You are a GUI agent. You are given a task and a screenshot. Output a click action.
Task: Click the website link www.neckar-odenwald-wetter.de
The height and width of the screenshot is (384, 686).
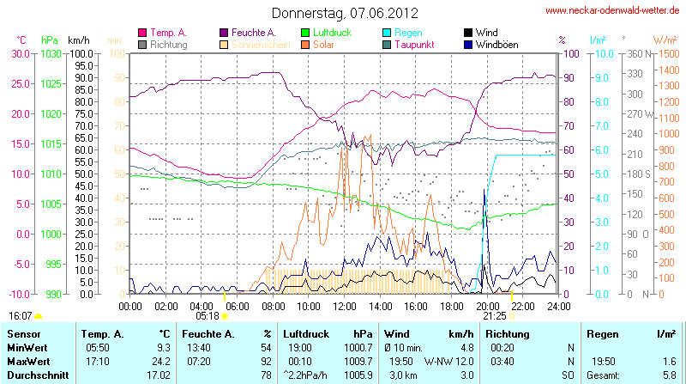point(614,11)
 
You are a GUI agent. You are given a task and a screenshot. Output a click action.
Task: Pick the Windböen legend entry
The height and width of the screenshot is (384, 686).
point(496,44)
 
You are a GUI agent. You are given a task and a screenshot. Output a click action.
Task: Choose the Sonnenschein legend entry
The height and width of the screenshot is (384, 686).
point(256,44)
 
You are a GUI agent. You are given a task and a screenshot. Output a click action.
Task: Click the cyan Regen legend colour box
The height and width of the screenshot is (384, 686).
point(387,33)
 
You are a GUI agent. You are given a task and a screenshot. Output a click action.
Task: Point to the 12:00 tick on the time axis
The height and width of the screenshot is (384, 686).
point(344,305)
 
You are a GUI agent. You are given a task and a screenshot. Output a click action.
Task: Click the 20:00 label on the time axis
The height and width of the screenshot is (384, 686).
point(487,305)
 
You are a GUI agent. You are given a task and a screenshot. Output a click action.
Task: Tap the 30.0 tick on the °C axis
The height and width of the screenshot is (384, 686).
point(19,53)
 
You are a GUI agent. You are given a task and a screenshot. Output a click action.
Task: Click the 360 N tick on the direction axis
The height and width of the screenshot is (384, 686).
point(636,53)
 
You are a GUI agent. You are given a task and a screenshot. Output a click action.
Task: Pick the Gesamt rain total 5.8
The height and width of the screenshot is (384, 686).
point(667,375)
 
